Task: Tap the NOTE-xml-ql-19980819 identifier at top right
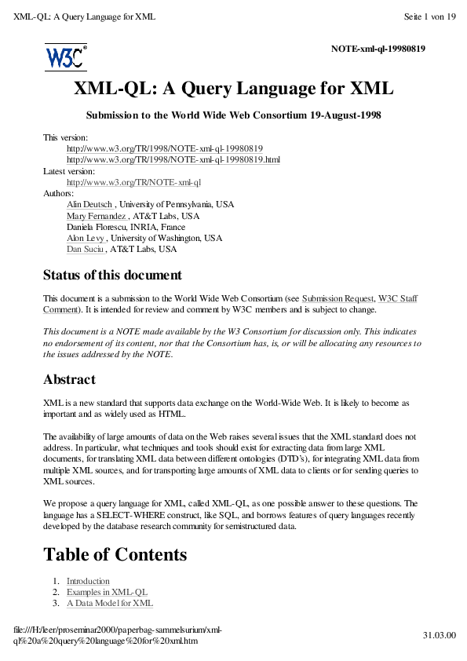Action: pyautogui.click(x=378, y=49)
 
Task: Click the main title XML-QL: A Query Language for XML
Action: pyautogui.click(x=233, y=89)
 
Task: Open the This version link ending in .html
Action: pyautogui.click(x=173, y=159)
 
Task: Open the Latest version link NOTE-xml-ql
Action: pyautogui.click(x=133, y=182)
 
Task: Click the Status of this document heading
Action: pyautogui.click(x=112, y=276)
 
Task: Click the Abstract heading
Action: pyautogui.click(x=69, y=379)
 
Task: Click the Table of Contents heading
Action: pyautogui.click(x=115, y=554)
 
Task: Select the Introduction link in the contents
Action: pyautogui.click(x=88, y=581)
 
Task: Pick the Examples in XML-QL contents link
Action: pyautogui.click(x=107, y=592)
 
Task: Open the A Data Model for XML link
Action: pyautogui.click(x=109, y=603)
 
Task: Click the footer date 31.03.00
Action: pyautogui.click(x=440, y=634)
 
